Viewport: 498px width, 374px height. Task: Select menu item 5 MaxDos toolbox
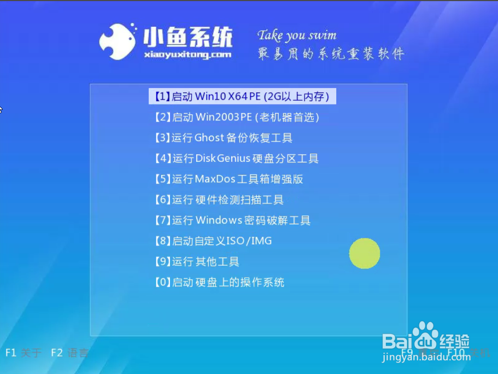[229, 179]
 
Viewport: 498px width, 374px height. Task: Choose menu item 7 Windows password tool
[232, 220]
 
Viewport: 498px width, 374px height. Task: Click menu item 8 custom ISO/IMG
[213, 241]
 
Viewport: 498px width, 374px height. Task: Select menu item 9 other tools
[197, 262]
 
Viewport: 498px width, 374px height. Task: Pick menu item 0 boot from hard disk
[219, 283]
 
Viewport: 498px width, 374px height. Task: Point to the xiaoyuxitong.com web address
[188, 55]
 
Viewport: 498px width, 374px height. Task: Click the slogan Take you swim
[297, 36]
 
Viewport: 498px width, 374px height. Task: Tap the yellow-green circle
[365, 253]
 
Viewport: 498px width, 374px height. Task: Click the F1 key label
[11, 353]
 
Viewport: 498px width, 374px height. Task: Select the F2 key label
[57, 353]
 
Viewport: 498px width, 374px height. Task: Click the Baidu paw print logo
[425, 335]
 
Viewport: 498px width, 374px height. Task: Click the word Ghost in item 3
[210, 138]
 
